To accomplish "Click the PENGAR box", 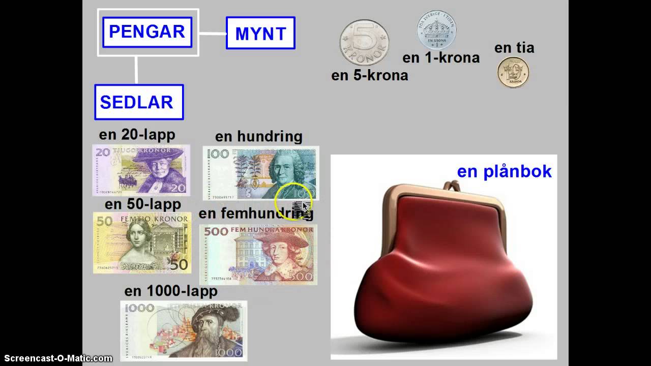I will coord(147,32).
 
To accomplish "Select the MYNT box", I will coord(260,34).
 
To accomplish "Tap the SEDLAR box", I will coord(138,102).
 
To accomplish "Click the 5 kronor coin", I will coord(364,43).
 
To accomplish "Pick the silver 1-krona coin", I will coord(436,30).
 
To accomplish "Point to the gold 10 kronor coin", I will coord(513,72).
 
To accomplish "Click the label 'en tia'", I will coord(514,48).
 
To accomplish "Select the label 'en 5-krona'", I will coord(369,75).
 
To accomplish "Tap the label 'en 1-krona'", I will coord(441,58).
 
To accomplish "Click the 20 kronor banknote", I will coord(141,170).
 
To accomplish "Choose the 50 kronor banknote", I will coord(142,242).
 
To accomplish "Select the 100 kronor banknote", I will coord(260,173).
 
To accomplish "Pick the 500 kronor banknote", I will coord(258,255).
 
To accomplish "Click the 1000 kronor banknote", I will coord(183,330).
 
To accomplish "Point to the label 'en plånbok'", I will coord(504,171).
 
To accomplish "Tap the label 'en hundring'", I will coord(258,137).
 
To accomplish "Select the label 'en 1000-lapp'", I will coord(171,291).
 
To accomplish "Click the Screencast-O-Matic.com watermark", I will coord(56,358).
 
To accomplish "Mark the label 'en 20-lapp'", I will coord(137,135).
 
